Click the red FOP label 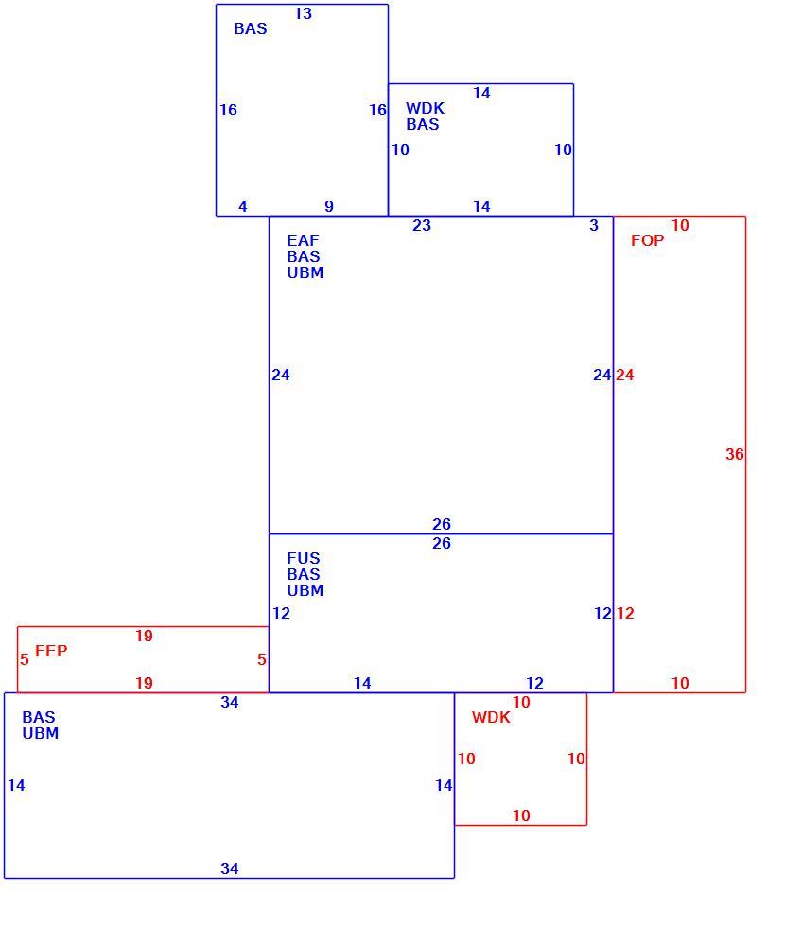pos(647,240)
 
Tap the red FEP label pos(51,651)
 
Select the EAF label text pos(303,240)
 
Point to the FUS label pos(304,558)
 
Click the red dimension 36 pos(735,454)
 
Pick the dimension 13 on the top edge pos(304,13)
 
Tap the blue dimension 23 pos(422,225)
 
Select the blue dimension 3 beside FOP pos(594,225)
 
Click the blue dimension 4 pos(243,206)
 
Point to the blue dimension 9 pos(329,206)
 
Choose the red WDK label pos(491,717)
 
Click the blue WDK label pos(425,108)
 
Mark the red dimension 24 pos(625,375)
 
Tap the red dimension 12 pos(625,613)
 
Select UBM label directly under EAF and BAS pos(305,272)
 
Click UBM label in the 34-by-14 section pos(40,733)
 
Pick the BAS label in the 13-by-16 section pos(251,28)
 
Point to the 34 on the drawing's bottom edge pos(230,868)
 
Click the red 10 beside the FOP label pos(680,225)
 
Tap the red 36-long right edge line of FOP pos(745,454)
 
